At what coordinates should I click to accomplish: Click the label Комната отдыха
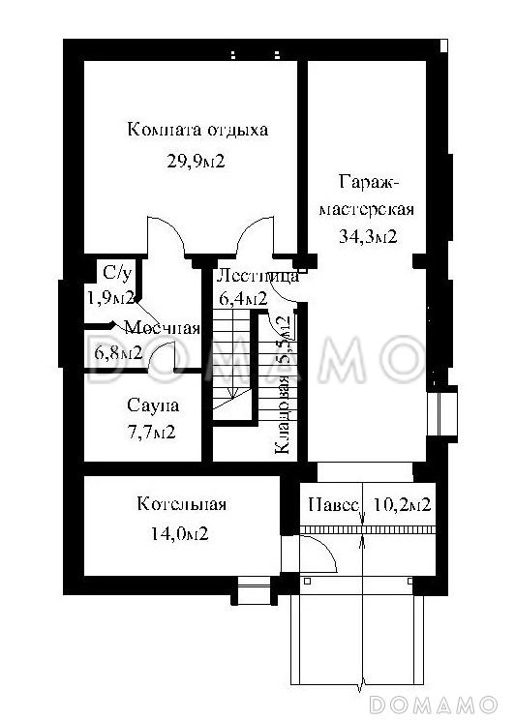(x=197, y=130)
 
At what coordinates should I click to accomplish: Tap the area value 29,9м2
(x=197, y=162)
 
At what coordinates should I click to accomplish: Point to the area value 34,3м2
(x=367, y=235)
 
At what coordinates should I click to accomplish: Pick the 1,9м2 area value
(x=109, y=298)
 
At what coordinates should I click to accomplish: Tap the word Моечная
(x=162, y=328)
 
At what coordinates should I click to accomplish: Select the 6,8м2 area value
(x=118, y=352)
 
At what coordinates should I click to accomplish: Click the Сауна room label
(x=153, y=405)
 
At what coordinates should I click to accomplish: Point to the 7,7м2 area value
(x=151, y=432)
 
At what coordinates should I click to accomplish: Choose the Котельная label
(x=181, y=504)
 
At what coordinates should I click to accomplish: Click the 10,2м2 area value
(x=401, y=504)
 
